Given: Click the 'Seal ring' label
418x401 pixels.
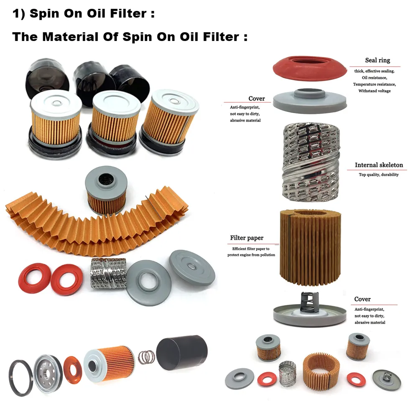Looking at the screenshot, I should coord(377,61).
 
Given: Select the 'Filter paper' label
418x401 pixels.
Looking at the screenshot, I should coord(247,238).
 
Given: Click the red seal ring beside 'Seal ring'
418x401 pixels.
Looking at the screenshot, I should coord(310,66).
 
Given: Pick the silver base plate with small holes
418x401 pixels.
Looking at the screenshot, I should coord(48,373).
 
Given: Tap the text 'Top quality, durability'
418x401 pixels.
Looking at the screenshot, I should coord(379,175).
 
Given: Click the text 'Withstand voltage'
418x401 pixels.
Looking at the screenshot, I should coord(375,91).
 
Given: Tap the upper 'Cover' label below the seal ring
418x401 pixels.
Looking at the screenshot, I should coord(257,99).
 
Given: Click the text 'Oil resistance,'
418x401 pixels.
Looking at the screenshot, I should coord(375,78).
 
